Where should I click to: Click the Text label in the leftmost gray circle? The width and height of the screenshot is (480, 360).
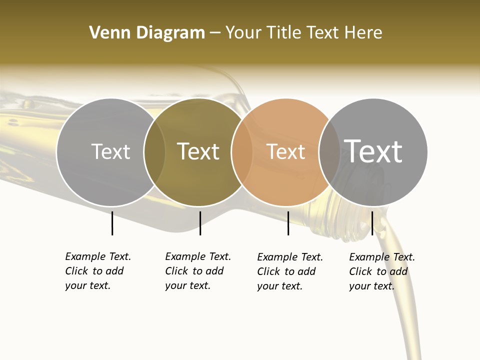coord(110,152)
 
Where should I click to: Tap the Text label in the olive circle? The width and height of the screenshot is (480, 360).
coord(198,152)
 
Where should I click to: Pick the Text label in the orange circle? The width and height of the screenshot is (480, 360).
coord(285,152)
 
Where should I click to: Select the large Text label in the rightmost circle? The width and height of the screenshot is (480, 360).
coord(373,151)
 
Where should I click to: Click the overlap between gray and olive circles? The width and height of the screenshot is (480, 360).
coord(154,152)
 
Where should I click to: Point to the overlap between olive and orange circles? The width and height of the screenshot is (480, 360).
coord(242,152)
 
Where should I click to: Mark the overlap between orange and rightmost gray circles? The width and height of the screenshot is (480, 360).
coord(329,152)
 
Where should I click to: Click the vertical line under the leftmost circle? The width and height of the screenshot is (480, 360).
coord(112,223)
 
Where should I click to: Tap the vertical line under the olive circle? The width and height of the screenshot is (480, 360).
coord(200,223)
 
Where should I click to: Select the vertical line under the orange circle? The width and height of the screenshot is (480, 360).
coord(288,223)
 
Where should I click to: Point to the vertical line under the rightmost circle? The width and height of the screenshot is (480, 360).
coord(372,223)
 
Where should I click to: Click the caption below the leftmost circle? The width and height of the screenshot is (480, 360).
coord(98,271)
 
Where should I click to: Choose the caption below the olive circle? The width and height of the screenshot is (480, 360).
coord(198,271)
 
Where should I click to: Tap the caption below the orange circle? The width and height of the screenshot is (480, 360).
coord(290,271)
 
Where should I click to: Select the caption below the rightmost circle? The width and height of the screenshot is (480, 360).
coord(382,271)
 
